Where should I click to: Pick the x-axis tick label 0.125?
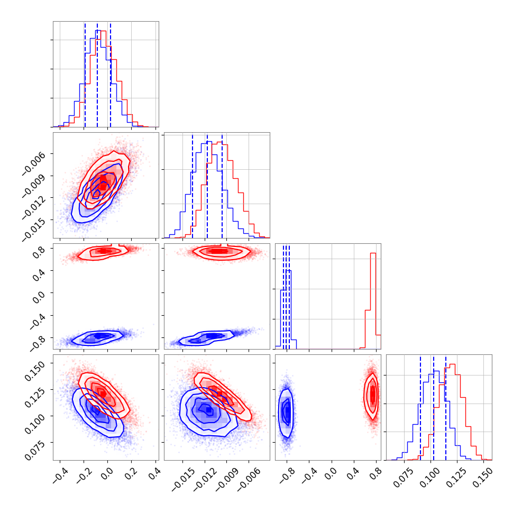tap(456, 475)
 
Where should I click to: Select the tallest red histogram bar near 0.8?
tap(373, 301)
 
